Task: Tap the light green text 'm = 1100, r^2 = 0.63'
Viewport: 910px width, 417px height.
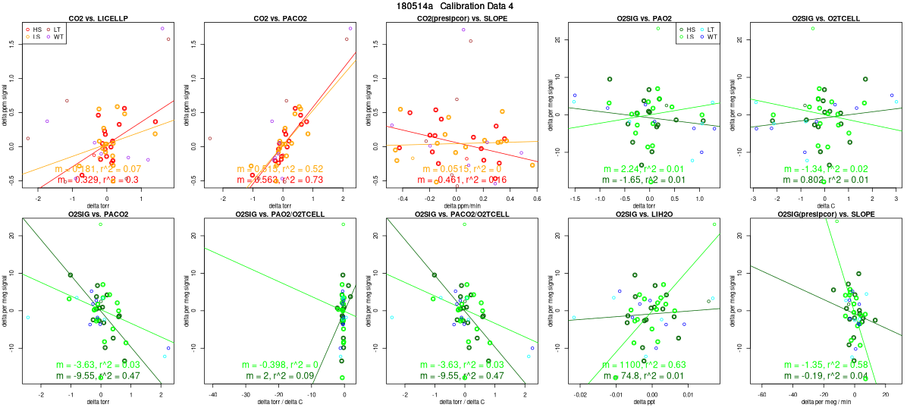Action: coord(643,365)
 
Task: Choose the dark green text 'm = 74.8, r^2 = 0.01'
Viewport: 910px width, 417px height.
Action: coord(643,376)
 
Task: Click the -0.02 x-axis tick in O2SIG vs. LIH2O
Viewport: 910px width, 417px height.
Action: coord(580,395)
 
